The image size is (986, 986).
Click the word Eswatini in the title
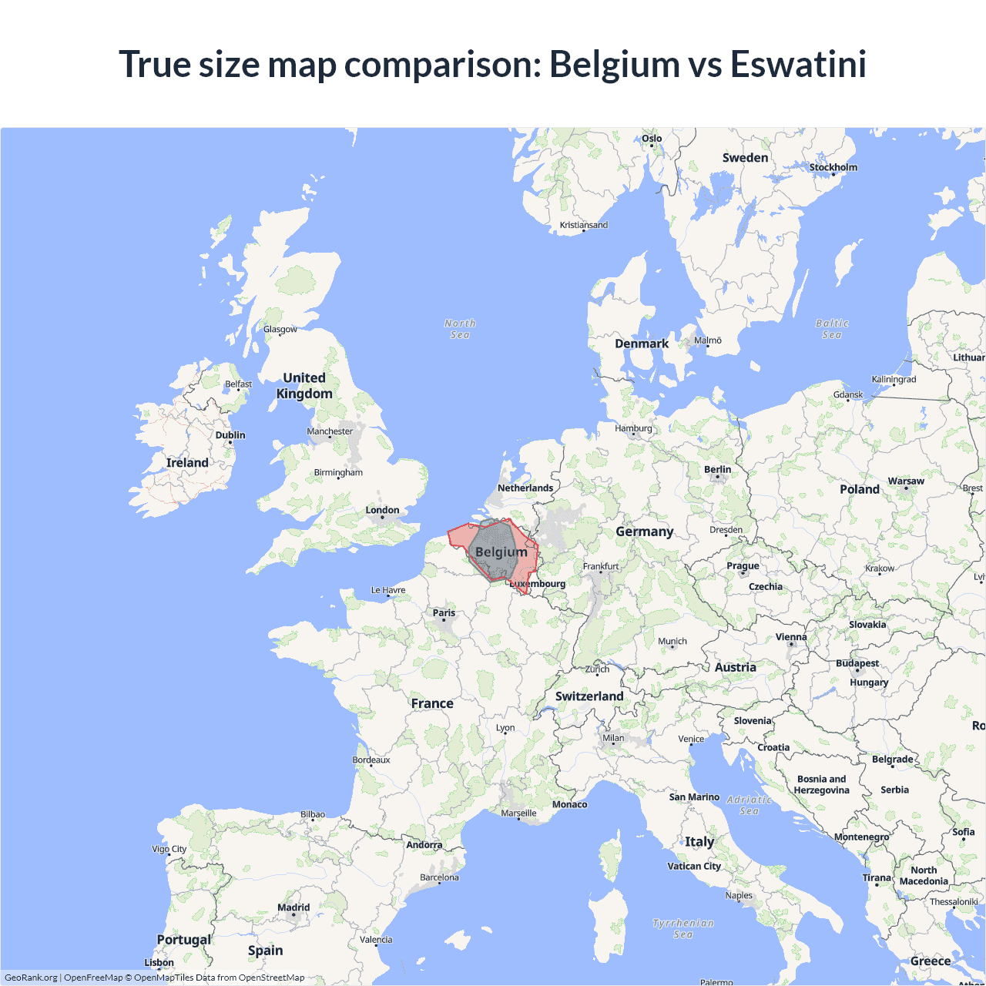(x=798, y=64)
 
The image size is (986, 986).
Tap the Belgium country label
(x=501, y=552)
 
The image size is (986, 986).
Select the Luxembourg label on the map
(x=538, y=584)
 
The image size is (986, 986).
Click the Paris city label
(x=444, y=613)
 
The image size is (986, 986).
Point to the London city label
(x=382, y=510)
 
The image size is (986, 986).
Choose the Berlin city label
(x=717, y=469)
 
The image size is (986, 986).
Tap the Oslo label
(x=652, y=139)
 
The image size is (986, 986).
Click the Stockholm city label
(x=833, y=167)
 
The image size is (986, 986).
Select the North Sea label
(x=460, y=329)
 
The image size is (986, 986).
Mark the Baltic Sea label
(x=832, y=329)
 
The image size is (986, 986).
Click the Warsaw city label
(x=906, y=481)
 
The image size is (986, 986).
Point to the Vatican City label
(x=694, y=866)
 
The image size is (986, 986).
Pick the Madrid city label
(x=293, y=907)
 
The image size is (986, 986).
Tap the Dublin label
(x=230, y=435)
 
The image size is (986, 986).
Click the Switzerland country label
(x=589, y=696)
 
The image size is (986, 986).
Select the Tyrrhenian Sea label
(x=683, y=928)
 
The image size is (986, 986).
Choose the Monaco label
(x=569, y=804)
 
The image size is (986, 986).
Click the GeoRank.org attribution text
(x=31, y=978)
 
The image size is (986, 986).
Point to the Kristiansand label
(x=583, y=225)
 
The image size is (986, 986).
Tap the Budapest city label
(x=857, y=663)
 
